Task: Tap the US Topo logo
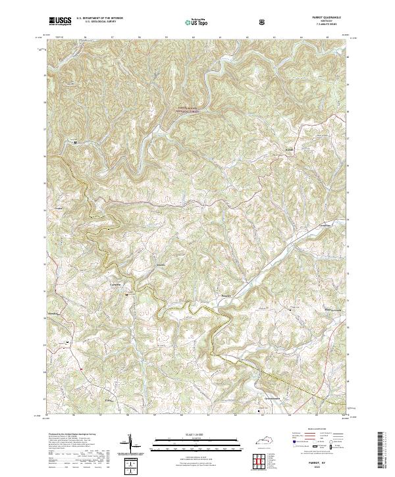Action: coord(196,22)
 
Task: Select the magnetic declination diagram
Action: coord(130,445)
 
